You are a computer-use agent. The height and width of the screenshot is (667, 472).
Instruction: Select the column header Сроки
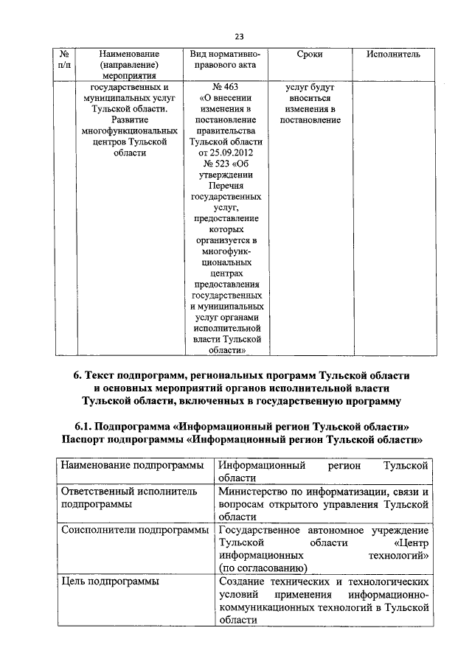[x=308, y=55]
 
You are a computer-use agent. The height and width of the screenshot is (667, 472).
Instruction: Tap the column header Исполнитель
[x=393, y=55]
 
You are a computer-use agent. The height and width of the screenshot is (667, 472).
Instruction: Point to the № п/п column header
[x=64, y=60]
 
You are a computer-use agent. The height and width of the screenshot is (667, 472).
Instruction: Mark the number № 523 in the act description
[x=212, y=164]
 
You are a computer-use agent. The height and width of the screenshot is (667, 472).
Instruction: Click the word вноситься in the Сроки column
[x=309, y=98]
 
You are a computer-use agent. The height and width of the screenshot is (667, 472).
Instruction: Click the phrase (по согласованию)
[x=263, y=567]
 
